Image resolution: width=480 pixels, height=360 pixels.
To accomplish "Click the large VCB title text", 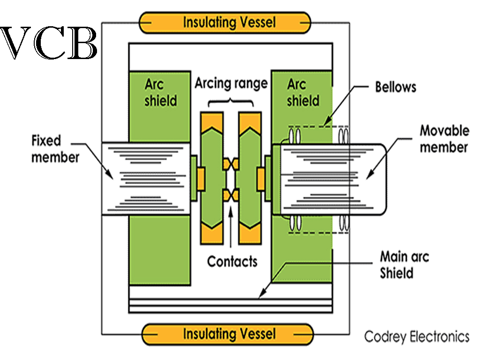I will tap(49, 43).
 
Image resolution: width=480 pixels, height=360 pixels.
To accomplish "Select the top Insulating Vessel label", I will tap(229, 22).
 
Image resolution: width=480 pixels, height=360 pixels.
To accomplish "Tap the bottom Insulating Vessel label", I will tap(229, 334).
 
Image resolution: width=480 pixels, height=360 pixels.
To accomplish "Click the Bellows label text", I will tap(396, 88).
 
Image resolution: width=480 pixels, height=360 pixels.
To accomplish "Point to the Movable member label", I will tap(443, 139).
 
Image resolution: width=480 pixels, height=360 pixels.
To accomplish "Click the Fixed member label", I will tap(55, 149).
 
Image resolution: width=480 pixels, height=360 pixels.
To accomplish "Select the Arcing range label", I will tap(231, 83).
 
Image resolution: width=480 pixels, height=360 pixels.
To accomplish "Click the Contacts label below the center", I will tap(232, 261).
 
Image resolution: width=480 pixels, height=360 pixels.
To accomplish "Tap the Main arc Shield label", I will tap(404, 265).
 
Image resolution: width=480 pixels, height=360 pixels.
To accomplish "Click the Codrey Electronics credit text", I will tap(417, 337).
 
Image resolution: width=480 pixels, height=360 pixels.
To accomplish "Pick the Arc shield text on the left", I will tap(160, 92).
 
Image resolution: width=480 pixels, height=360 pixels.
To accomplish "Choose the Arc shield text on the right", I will tap(303, 92).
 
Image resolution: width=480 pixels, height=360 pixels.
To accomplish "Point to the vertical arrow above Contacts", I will tap(231, 230).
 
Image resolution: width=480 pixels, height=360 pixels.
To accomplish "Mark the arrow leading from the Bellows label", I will tap(342, 105).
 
